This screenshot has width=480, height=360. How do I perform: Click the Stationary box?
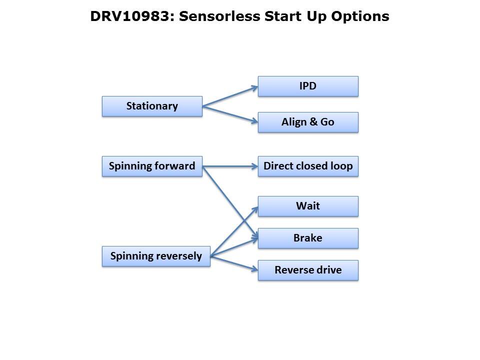(152, 106)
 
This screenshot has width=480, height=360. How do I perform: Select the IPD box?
(308, 86)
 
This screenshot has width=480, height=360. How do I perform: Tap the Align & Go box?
(308, 122)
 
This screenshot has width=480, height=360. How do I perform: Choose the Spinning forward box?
(152, 166)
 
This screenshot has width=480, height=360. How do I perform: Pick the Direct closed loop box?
(308, 166)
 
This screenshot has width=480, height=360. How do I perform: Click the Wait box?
(308, 206)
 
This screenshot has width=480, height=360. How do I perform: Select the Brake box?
(308, 238)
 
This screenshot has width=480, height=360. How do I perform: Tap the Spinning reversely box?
(156, 256)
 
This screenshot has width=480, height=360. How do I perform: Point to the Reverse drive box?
(308, 270)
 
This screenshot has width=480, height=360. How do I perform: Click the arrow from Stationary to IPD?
(230, 96)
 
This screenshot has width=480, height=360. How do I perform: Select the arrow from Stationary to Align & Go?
(230, 114)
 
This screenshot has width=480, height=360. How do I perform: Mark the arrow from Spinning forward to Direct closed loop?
(230, 166)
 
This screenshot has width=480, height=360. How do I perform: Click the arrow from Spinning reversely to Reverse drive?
(234, 263)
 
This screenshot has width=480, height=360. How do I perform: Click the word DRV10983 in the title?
(131, 16)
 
